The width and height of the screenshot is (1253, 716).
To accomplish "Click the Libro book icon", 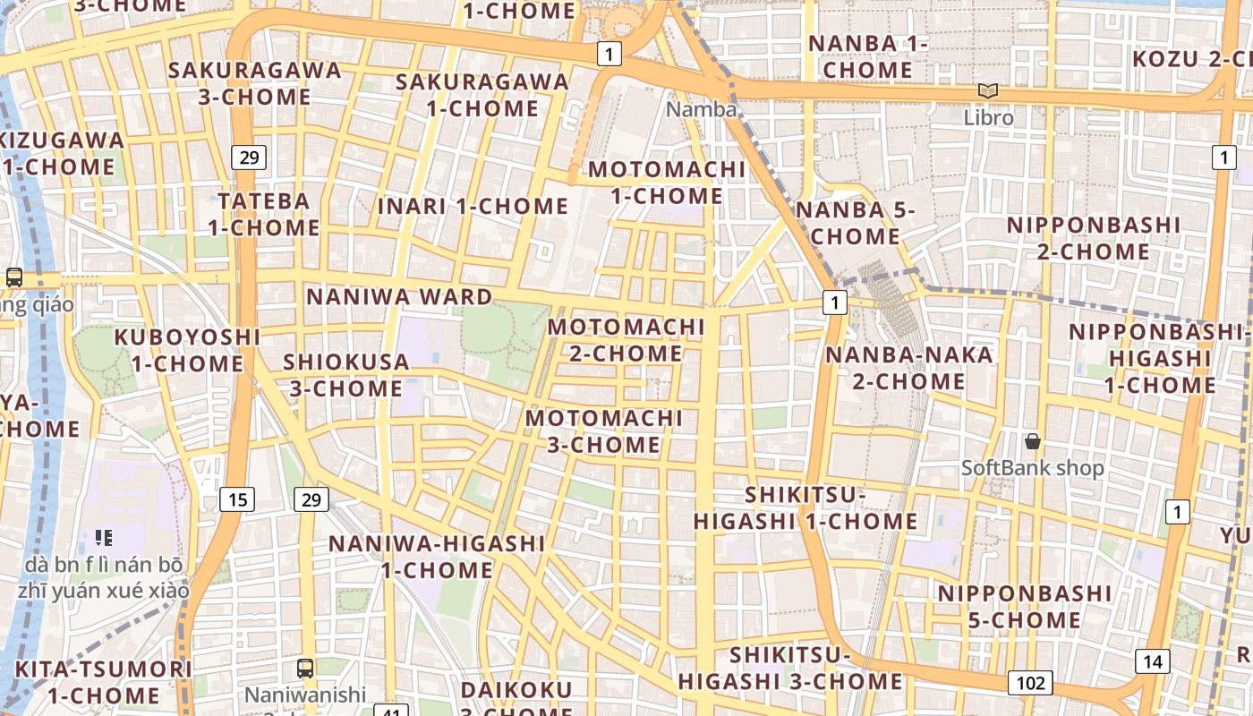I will tap(988, 90).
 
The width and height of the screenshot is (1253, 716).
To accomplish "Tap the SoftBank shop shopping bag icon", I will tap(1033, 441).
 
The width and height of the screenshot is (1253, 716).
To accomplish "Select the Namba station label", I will tap(702, 109).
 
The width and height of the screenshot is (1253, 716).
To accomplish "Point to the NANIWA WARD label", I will tap(399, 296).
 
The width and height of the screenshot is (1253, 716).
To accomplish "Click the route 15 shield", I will tap(237, 499).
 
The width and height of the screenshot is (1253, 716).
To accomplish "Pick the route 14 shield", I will tap(1153, 661).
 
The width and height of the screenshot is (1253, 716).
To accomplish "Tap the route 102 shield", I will tap(1030, 683).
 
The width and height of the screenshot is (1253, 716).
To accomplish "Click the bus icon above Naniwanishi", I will tap(305, 668).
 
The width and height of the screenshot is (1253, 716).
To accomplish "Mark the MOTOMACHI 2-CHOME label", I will tap(626, 340).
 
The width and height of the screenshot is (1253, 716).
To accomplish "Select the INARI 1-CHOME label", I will tap(473, 206).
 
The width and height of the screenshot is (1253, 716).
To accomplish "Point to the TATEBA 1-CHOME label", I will tap(264, 214).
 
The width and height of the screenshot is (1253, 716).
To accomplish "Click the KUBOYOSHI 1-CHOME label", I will tap(187, 351).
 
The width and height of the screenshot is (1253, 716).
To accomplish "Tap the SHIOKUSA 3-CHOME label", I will tap(345, 375).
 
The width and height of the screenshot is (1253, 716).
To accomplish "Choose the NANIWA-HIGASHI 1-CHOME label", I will tap(437, 557).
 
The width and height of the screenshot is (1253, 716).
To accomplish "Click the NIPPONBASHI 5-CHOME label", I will tap(1025, 607).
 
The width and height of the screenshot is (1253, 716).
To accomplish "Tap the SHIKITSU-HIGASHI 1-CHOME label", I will tap(805, 508).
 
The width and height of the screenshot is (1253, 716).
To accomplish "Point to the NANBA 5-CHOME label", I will tap(855, 223).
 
